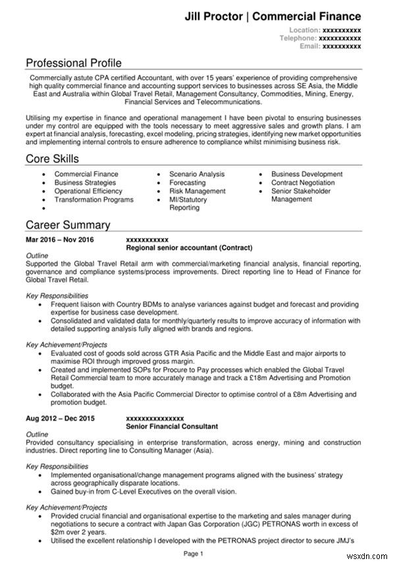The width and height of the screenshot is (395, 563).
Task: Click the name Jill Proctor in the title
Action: pos(214,16)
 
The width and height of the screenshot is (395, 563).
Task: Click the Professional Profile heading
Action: pos(74,63)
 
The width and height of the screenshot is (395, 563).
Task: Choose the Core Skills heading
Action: pos(52,159)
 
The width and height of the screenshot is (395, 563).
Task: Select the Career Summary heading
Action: pos(68,225)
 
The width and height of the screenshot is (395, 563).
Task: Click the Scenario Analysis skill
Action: pos(197,175)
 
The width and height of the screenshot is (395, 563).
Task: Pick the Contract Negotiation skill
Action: pos(303,183)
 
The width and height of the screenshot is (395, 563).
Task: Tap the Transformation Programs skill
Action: pos(93,200)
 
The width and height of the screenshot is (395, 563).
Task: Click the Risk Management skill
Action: pos(197,191)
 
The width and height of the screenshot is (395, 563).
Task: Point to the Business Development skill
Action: pos(307,175)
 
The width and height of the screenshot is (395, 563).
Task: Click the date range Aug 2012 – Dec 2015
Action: pos(60,419)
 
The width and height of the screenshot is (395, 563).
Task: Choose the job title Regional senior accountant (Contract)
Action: pos(189,249)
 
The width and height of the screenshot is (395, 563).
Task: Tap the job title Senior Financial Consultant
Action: pos(171,427)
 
